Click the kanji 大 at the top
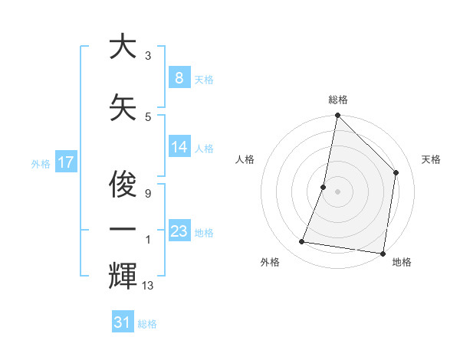click(123, 47)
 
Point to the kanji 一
click(123, 229)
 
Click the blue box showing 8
click(179, 78)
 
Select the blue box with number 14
click(179, 147)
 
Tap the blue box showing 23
click(179, 231)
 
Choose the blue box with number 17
click(65, 162)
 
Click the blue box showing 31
click(123, 322)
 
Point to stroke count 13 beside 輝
click(148, 286)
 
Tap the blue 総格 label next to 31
click(147, 324)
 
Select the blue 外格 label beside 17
click(41, 163)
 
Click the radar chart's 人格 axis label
click(245, 159)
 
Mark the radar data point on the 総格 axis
click(337, 116)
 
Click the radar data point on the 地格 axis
click(383, 254)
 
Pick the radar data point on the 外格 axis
click(302, 242)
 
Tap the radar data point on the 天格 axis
click(396, 172)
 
